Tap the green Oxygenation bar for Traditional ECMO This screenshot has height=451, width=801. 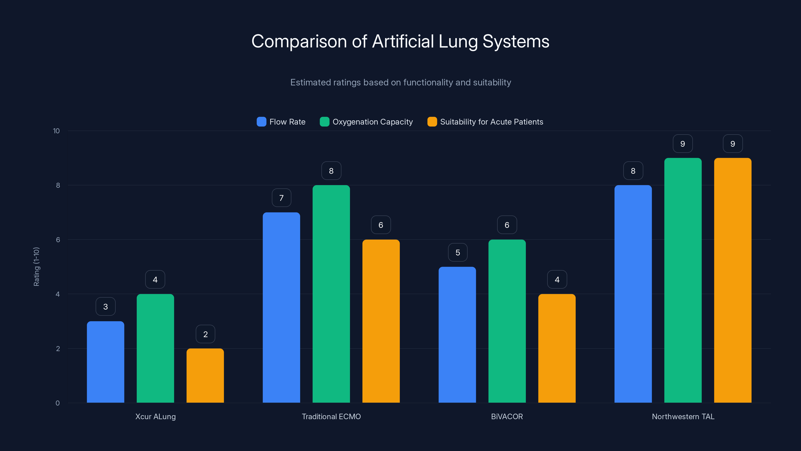[x=331, y=294]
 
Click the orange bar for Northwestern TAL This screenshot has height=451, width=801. [x=733, y=280]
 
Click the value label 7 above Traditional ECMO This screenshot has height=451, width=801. [x=281, y=198]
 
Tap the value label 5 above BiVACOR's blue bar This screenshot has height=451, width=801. [x=457, y=252]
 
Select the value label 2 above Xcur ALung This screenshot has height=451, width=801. [x=205, y=334]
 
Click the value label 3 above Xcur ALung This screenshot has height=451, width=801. [x=105, y=307]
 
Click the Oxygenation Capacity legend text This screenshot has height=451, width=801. [x=372, y=122]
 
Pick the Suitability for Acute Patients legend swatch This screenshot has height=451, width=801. [x=432, y=122]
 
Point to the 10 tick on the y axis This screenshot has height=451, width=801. [x=56, y=131]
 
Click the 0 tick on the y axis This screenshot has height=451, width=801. [x=58, y=403]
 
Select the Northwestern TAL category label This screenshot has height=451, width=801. [x=683, y=416]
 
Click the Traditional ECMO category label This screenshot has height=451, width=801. [x=331, y=416]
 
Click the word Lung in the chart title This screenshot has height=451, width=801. [x=458, y=42]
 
